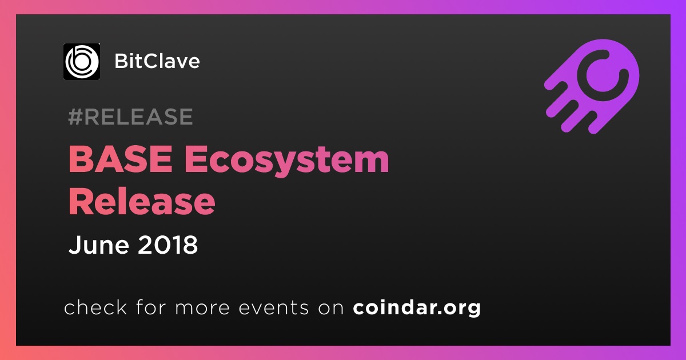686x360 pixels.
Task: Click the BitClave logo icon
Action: pyautogui.click(x=82, y=62)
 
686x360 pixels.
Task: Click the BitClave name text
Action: pyautogui.click(x=157, y=61)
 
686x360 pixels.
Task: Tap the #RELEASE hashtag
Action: pyautogui.click(x=130, y=117)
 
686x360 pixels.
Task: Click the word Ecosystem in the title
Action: pyautogui.click(x=286, y=161)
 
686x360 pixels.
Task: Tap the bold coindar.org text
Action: pyautogui.click(x=417, y=307)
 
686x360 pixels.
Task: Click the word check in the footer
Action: pyautogui.click(x=95, y=307)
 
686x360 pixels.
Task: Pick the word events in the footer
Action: pyautogui.click(x=273, y=307)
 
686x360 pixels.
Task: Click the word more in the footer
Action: pyautogui.click(x=202, y=308)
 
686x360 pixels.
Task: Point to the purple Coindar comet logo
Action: pyautogui.click(x=592, y=87)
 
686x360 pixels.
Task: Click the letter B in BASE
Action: pyautogui.click(x=81, y=159)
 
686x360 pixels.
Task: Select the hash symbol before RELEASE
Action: pyautogui.click(x=75, y=117)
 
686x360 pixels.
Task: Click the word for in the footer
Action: pyautogui.click(x=151, y=307)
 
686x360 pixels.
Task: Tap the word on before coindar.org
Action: pyautogui.click(x=331, y=308)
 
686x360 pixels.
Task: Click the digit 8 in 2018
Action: pyautogui.click(x=190, y=245)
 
